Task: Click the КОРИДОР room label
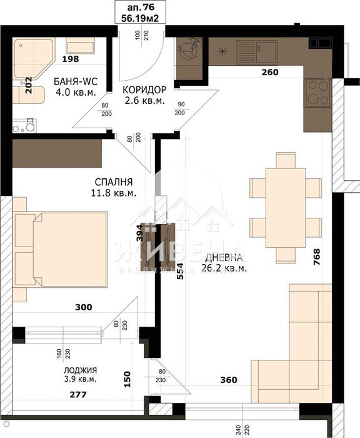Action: tap(144, 89)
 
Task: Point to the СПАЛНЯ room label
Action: tap(113, 182)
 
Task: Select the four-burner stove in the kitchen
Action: tap(317, 94)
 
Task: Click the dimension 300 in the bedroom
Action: tap(83, 307)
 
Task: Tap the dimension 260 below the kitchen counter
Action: tap(269, 72)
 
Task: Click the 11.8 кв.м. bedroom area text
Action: tap(113, 193)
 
